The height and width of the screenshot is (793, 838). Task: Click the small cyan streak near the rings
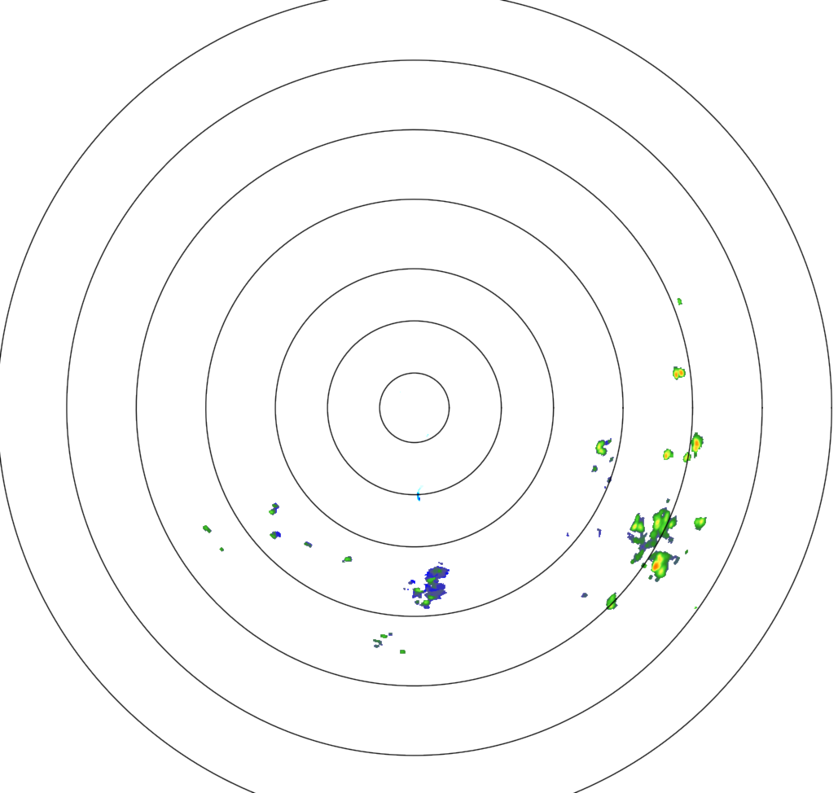(x=419, y=493)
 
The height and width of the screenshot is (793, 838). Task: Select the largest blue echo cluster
(x=433, y=585)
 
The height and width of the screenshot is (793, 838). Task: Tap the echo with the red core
(x=658, y=563)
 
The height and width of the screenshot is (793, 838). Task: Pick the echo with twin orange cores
(x=678, y=373)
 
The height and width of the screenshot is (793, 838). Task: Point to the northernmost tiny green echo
(x=679, y=301)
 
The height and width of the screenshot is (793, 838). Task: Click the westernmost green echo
(x=207, y=528)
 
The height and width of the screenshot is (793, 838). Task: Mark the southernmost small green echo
(x=402, y=651)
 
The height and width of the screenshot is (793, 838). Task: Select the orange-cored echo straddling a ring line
(x=696, y=444)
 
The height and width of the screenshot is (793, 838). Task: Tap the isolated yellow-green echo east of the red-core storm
(x=700, y=522)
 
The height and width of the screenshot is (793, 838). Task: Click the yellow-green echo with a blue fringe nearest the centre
(x=602, y=446)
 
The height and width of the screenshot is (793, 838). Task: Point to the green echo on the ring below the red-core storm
(x=612, y=601)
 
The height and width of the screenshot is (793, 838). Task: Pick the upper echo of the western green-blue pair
(x=274, y=509)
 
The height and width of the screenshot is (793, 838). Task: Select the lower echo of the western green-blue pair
(x=275, y=535)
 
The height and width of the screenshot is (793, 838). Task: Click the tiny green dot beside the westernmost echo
(x=222, y=550)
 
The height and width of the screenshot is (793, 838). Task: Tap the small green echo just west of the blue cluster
(x=348, y=559)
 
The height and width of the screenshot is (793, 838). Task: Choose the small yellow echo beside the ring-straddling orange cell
(x=668, y=453)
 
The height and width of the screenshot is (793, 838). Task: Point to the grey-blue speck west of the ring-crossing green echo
(x=584, y=595)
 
